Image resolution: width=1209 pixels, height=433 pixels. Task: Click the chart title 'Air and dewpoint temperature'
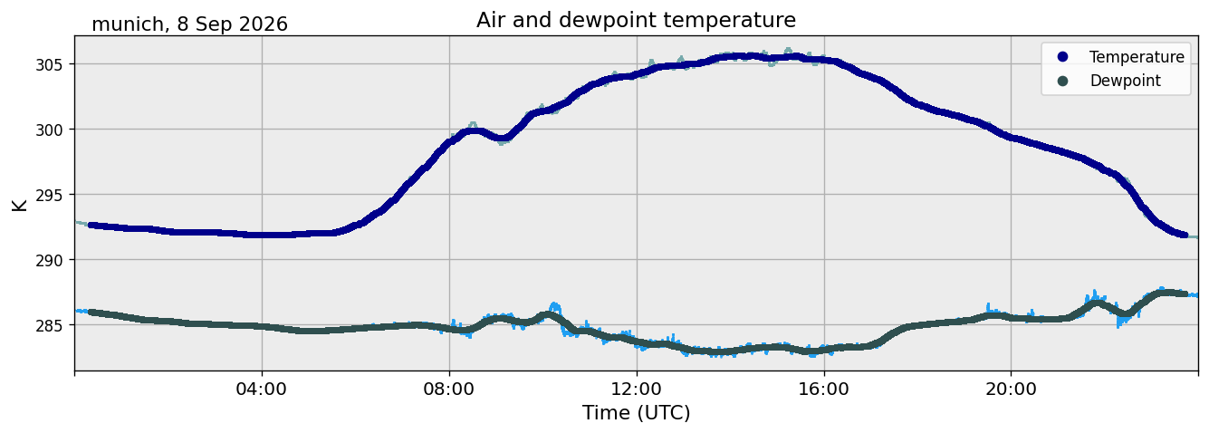[x=636, y=21]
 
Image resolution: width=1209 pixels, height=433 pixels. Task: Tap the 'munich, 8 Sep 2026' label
[x=189, y=24]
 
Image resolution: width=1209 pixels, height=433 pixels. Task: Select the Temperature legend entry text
[x=1137, y=57]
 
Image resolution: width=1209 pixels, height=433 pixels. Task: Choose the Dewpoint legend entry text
[x=1126, y=81]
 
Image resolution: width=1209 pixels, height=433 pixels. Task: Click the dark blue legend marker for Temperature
[x=1062, y=57]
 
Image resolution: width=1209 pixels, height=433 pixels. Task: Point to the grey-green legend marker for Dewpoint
[x=1062, y=81]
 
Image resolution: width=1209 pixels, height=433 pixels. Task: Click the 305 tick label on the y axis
[x=49, y=65]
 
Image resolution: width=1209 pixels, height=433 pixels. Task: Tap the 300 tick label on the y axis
[x=49, y=130]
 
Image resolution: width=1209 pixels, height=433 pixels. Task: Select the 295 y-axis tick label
[x=49, y=195]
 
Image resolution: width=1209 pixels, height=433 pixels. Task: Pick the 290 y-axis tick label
[x=49, y=260]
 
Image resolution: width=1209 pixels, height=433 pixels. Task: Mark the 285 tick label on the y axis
[x=49, y=325]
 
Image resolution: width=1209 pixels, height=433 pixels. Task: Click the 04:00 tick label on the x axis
[x=262, y=389]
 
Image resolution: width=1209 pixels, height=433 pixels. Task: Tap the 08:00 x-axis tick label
[x=449, y=389]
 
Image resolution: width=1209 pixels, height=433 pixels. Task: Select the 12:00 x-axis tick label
[x=637, y=389]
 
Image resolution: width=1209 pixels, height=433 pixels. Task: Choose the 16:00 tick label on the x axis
[x=824, y=389]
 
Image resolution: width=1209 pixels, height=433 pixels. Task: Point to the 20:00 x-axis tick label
[x=1012, y=389]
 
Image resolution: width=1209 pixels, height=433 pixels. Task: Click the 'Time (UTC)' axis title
[x=637, y=413]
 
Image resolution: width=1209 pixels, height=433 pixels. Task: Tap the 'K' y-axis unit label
[x=19, y=205]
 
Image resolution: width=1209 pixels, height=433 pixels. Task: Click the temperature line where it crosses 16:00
[x=824, y=60]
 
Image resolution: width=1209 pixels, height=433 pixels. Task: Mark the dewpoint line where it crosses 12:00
[x=637, y=341]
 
